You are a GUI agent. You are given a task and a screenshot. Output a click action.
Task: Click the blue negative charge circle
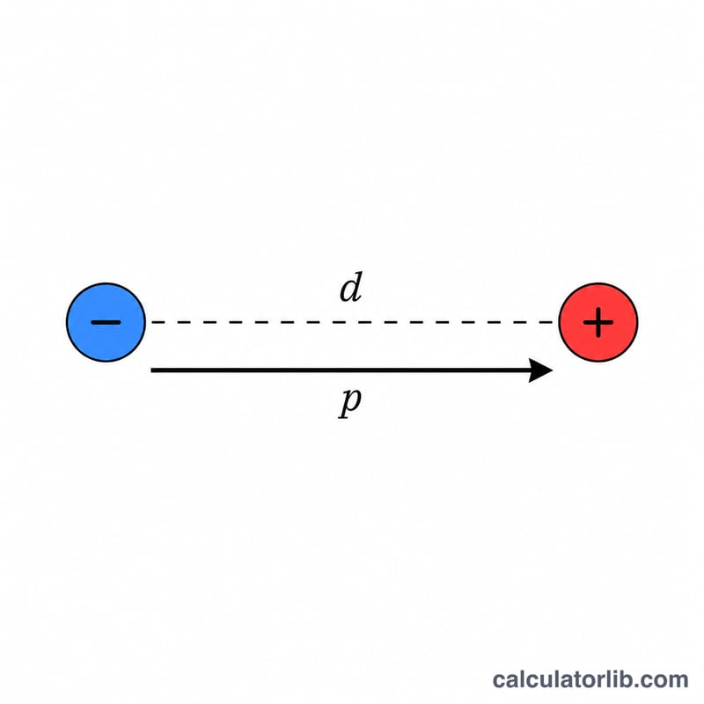tap(106, 322)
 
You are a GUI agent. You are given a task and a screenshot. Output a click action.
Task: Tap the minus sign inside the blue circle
tap(106, 322)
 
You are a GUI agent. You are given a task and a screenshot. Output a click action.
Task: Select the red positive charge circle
tap(598, 322)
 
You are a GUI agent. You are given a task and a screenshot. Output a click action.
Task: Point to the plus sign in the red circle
tap(598, 322)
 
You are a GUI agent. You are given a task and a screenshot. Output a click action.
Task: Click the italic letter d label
tap(351, 288)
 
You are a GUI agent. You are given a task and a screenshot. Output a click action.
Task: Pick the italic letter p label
tap(349, 402)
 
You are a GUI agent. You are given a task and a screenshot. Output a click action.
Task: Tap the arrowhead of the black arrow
tap(540, 370)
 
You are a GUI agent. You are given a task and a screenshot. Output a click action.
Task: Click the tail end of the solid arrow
tap(151, 370)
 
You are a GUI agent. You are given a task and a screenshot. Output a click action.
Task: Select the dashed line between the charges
tap(352, 322)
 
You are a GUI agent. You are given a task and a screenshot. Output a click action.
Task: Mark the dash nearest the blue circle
tap(157, 322)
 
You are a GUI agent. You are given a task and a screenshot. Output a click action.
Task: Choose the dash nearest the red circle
tap(546, 322)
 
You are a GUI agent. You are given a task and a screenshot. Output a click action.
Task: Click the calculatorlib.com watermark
tap(590, 679)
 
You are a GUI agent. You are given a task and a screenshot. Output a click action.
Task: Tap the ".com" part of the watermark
tap(659, 680)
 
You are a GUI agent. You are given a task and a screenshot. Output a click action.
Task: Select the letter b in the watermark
tap(621, 679)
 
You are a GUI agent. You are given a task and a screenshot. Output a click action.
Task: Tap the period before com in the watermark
tap(634, 686)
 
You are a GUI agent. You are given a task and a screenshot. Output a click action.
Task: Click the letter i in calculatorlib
tap(610, 679)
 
